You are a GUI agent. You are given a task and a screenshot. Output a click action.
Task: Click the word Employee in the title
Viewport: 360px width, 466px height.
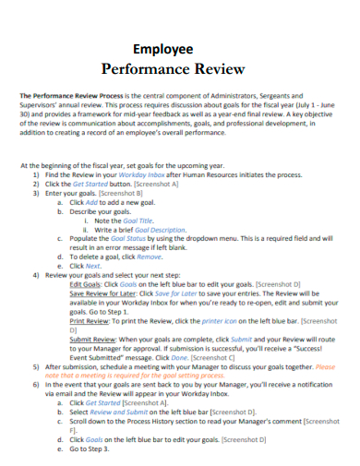click(163, 49)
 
